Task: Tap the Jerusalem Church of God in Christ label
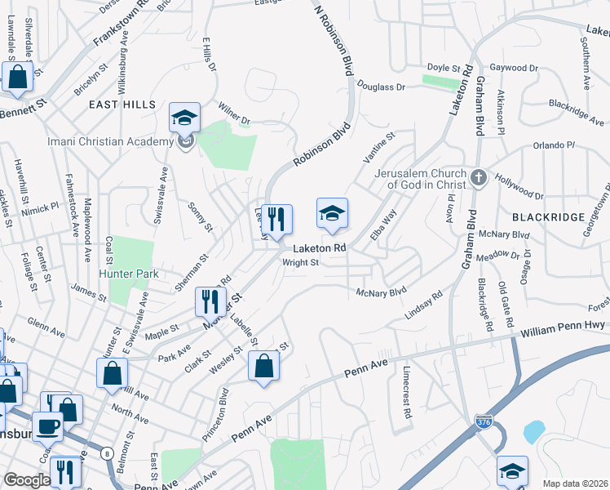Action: tap(421, 179)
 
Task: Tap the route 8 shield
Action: tap(107, 453)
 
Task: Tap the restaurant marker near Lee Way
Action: tap(276, 220)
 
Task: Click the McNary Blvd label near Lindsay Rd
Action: tap(381, 291)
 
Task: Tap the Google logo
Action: tap(28, 480)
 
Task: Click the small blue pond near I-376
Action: tap(533, 430)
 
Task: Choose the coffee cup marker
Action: tap(47, 426)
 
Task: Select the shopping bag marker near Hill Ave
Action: tap(112, 373)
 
